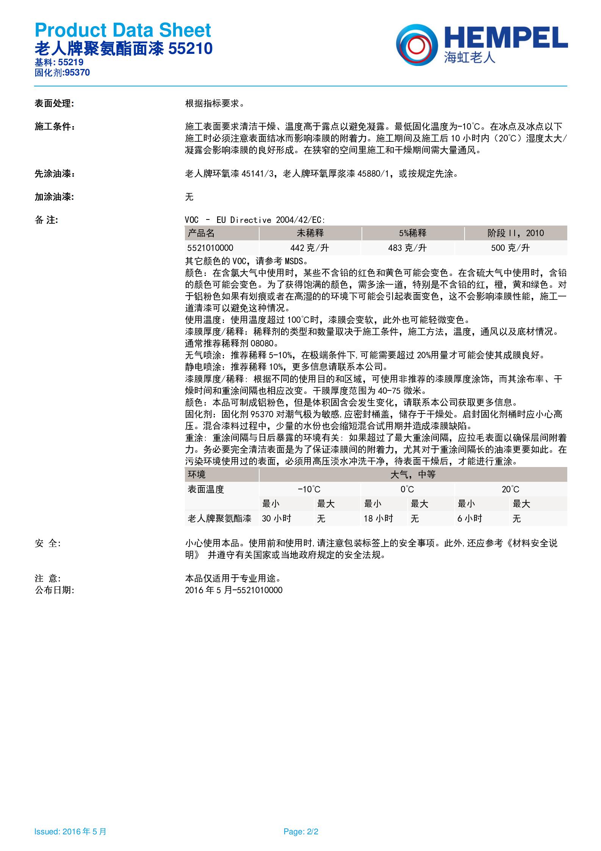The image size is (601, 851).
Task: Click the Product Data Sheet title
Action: [123, 30]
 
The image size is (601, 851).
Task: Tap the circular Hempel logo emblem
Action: [417, 44]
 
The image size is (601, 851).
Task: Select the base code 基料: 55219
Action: [59, 62]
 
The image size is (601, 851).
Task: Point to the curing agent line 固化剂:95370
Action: [62, 72]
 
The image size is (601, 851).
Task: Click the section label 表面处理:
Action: [54, 103]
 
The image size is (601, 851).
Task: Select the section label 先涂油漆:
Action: [55, 174]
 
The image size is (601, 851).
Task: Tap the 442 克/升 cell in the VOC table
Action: [310, 248]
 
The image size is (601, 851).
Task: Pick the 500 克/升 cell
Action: [510, 248]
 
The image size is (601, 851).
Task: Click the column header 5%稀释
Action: [413, 233]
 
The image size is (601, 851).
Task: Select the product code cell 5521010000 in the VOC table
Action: [210, 248]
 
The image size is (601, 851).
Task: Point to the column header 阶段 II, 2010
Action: [515, 233]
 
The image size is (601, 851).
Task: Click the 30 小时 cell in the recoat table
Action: [276, 519]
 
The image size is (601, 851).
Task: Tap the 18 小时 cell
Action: [378, 519]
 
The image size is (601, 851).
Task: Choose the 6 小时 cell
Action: [470, 519]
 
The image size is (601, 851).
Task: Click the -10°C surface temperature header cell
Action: [309, 489]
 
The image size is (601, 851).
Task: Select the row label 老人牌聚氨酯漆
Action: [219, 519]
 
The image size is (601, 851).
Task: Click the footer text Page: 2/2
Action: [301, 832]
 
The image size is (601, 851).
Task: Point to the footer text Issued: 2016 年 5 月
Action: [70, 832]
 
